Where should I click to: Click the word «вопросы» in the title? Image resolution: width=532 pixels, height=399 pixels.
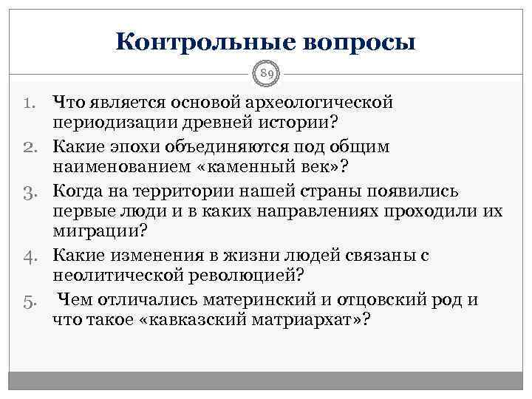pos(358,41)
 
